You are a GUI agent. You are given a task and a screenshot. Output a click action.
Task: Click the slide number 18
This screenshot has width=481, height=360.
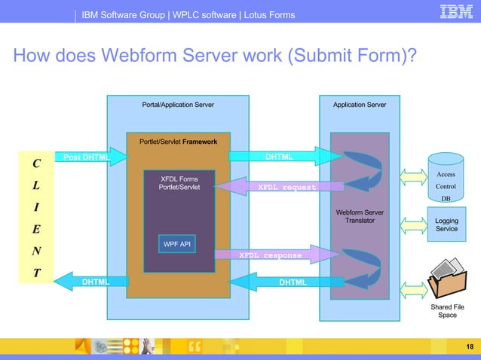[x=470, y=346]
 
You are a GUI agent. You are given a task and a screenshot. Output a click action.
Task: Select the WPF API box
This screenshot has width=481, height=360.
[x=174, y=244]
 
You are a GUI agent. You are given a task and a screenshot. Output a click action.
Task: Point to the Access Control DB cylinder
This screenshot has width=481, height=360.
[x=446, y=179]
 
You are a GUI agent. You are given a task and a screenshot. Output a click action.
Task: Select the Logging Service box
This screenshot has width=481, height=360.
[x=446, y=224]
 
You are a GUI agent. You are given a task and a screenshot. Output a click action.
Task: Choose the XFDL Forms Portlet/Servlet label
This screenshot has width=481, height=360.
[x=179, y=183]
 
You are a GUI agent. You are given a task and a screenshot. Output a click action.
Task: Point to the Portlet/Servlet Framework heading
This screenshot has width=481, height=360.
[x=178, y=142]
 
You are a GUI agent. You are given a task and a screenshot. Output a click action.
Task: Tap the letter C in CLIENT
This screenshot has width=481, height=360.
[x=36, y=163]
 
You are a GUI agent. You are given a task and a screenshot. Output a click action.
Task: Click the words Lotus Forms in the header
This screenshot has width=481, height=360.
[x=268, y=15]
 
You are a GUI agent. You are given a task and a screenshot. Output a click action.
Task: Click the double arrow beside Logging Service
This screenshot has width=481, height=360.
[x=412, y=224]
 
